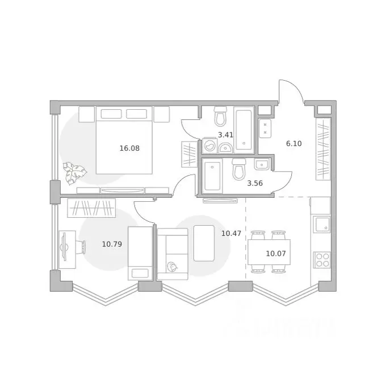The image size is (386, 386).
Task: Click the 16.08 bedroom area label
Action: tap(129, 148)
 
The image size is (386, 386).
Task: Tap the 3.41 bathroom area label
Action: tap(225, 135)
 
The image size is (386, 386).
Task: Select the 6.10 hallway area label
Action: tap(293, 143)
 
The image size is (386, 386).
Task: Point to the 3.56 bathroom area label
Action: tap(255, 183)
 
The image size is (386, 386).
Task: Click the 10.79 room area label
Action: tap(112, 244)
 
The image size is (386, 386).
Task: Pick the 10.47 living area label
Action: tap(231, 233)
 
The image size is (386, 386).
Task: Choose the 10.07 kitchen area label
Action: tap(276, 254)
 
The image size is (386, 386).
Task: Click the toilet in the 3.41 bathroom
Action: tap(220, 116)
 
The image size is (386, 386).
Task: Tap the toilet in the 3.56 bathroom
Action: tap(239, 169)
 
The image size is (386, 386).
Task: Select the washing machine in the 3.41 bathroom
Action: tap(210, 146)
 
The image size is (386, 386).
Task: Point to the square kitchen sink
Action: tap(321, 224)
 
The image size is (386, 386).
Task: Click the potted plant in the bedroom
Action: tap(74, 173)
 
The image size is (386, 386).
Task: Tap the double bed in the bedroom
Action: tap(124, 140)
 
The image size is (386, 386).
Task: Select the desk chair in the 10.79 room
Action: tap(81, 247)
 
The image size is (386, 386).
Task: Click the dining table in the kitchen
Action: tap(269, 252)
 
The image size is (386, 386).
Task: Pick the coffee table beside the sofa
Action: tap(204, 243)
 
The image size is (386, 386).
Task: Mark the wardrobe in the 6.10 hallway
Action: tap(323, 149)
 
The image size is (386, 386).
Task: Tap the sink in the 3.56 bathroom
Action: tap(262, 164)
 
